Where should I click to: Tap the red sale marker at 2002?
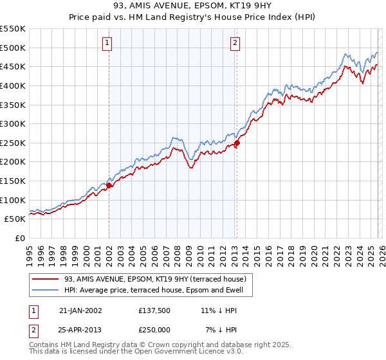point(109,185)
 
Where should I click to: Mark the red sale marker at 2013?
point(236,143)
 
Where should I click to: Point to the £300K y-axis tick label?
point(13,123)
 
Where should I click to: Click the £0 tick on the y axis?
point(20,238)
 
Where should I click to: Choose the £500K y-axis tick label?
point(13,48)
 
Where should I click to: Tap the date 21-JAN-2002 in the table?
point(81,310)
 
